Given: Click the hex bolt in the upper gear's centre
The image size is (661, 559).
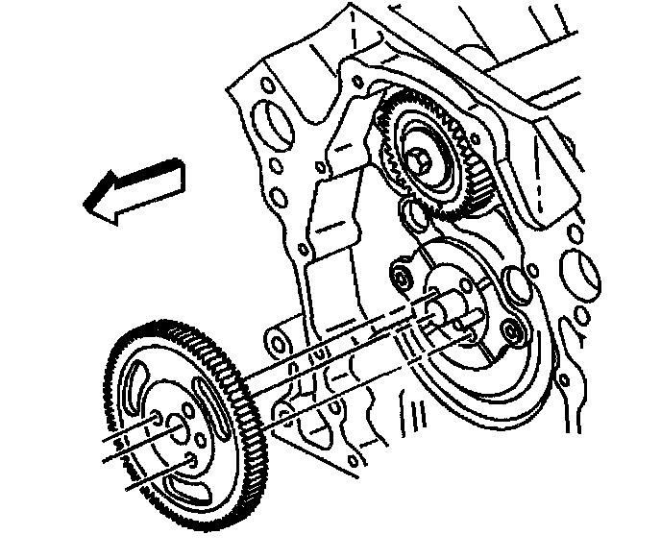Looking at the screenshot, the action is [x=420, y=164].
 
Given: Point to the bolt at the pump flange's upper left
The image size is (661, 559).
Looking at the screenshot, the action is [x=400, y=280].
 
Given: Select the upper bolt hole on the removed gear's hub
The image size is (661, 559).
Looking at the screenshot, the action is [x=155, y=415].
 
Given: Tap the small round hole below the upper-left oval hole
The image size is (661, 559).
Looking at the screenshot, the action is [x=278, y=198].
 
